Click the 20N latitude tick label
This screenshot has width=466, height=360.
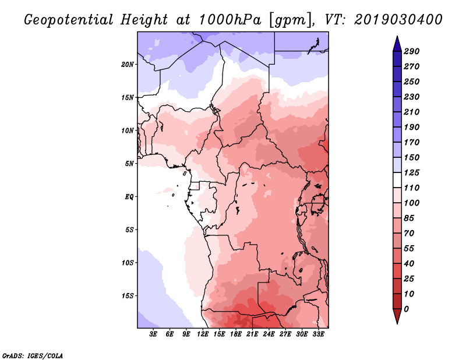[x=128, y=65]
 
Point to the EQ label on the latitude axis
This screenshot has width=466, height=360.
[x=129, y=197]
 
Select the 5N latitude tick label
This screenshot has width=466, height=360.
[x=129, y=164]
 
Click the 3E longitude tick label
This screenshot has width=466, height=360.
[x=153, y=334]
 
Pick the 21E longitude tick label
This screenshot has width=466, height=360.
[x=252, y=334]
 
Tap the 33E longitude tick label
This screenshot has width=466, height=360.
[x=318, y=334]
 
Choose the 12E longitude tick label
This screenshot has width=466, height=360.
[x=202, y=334]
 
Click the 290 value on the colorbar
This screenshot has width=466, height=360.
[x=412, y=51]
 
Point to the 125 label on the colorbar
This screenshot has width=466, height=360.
[x=412, y=172]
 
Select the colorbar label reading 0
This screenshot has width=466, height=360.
[x=407, y=309]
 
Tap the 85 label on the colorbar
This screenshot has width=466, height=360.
[x=409, y=218]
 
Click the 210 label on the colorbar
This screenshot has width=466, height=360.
[x=412, y=112]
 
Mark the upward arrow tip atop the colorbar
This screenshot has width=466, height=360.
[x=397, y=36]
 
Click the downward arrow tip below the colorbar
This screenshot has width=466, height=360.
[x=397, y=324]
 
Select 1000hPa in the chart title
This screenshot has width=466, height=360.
[x=230, y=20]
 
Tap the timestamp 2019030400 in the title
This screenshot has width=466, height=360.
[x=398, y=20]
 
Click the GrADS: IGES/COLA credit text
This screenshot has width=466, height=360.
[x=33, y=356]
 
